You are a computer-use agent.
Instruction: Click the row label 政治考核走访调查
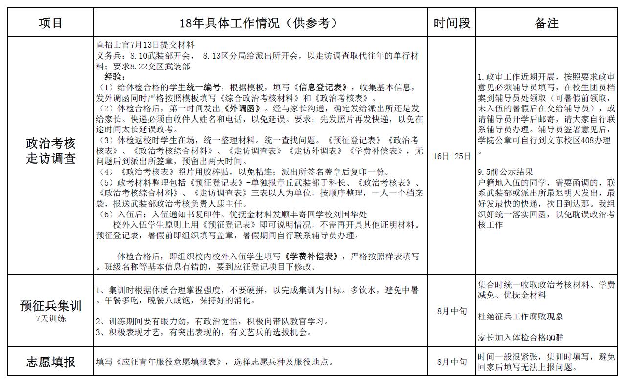click(x=50, y=151)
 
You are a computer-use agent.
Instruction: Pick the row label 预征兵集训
click(x=50, y=306)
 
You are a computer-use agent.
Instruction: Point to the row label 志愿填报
click(x=50, y=362)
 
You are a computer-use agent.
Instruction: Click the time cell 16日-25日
click(x=452, y=156)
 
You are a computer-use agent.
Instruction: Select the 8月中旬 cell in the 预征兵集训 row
click(x=452, y=311)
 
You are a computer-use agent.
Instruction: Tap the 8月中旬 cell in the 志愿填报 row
click(x=452, y=362)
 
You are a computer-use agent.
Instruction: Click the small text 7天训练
click(x=50, y=318)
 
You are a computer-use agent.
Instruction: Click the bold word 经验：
click(x=115, y=77)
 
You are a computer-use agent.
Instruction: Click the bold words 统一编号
click(x=203, y=87)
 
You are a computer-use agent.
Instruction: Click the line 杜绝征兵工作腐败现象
click(x=520, y=317)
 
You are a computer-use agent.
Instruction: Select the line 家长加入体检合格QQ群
click(x=520, y=338)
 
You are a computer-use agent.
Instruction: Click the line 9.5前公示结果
click(x=505, y=172)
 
